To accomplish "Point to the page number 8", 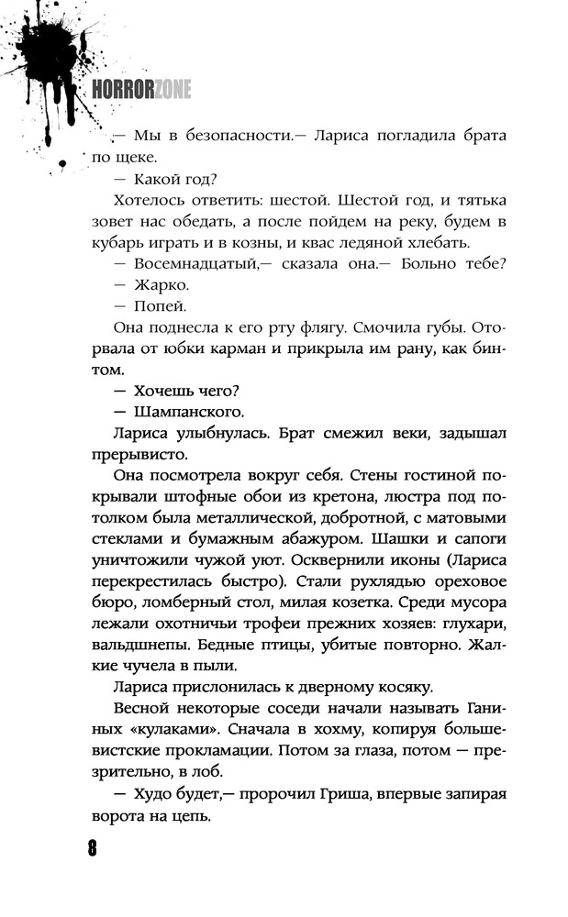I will [x=93, y=847].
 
